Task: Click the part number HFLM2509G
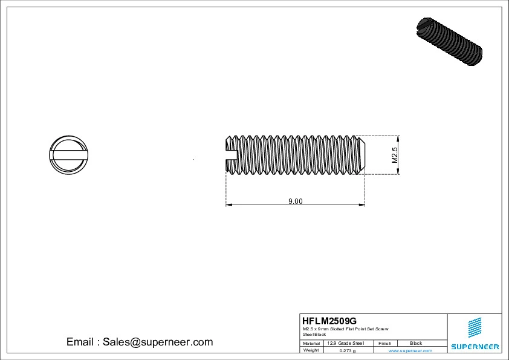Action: coord(329,321)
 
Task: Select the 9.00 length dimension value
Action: coord(295,201)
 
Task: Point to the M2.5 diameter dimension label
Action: coord(395,155)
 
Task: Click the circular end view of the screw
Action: coord(68,155)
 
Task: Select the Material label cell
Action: coord(311,343)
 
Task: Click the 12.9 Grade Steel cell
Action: coord(345,343)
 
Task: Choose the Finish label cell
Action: coord(385,343)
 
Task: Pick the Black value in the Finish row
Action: coord(416,343)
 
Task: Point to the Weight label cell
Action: coord(311,350)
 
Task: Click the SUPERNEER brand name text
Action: coord(475,347)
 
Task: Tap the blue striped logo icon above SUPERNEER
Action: coord(475,327)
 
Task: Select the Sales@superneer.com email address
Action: coord(158,342)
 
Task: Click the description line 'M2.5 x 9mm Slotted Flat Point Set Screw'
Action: coord(345,329)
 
